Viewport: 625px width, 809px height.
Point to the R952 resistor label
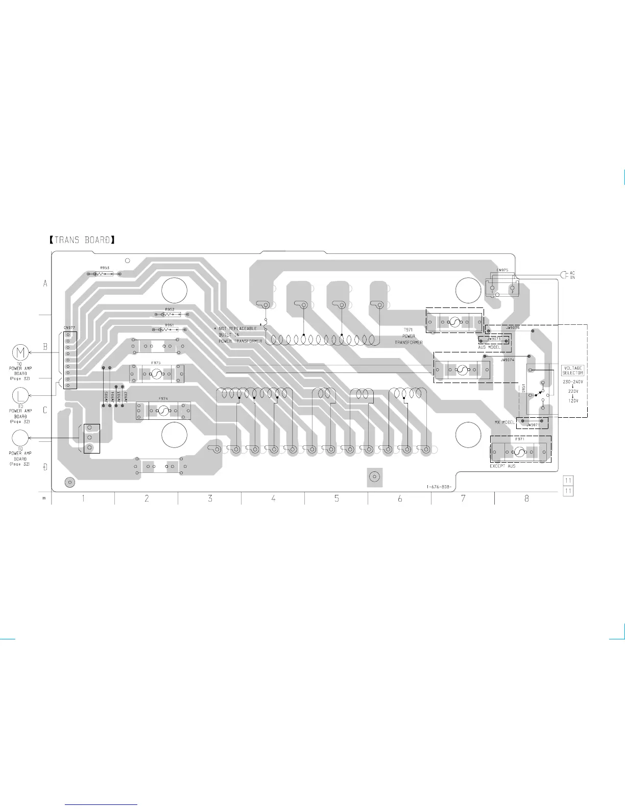tap(170, 310)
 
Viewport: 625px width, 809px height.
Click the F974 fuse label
tap(163, 398)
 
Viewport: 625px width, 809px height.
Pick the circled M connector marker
tap(21, 352)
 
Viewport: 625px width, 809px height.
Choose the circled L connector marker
tap(20, 395)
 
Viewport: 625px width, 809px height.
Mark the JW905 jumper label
tap(106, 397)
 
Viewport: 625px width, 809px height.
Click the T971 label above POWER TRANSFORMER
tap(408, 330)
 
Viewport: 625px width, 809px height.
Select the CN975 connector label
tap(501, 270)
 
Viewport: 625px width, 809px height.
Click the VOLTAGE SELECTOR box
tap(572, 370)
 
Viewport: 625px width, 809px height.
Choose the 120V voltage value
tap(573, 401)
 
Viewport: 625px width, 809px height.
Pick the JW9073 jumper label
tap(494, 339)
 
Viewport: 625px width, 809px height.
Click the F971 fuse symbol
tap(520, 451)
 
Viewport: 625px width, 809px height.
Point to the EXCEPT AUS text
tap(502, 466)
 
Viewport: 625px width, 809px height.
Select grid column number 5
tap(336, 498)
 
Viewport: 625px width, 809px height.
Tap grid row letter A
tap(45, 284)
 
